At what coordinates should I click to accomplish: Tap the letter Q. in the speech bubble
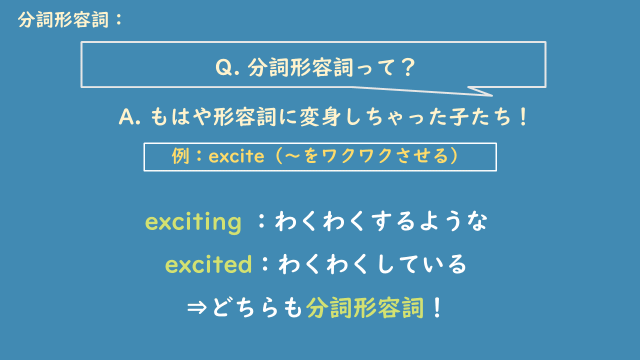(226, 68)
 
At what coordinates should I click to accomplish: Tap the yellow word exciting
(194, 222)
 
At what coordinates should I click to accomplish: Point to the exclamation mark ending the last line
(435, 307)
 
